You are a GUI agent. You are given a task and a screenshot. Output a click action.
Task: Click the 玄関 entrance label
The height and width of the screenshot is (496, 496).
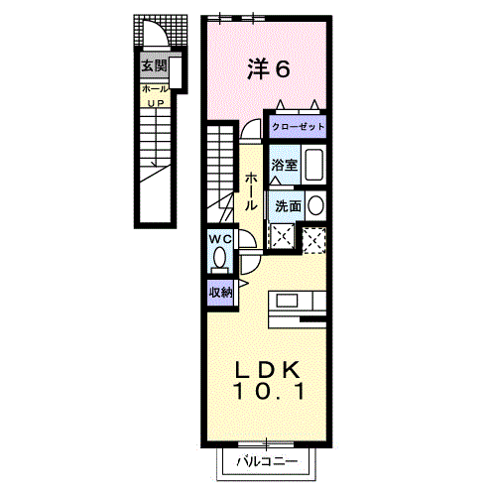click(154, 66)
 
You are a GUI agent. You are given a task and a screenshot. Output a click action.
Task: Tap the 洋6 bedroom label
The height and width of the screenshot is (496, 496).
click(269, 68)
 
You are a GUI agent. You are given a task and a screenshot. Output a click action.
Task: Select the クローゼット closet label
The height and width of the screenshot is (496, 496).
click(298, 126)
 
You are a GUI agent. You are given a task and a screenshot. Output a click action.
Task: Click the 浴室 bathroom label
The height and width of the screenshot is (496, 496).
click(285, 165)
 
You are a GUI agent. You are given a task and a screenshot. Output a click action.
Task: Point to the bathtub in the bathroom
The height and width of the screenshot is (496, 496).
click(313, 165)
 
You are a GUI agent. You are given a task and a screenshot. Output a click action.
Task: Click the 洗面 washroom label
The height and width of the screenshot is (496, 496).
click(288, 206)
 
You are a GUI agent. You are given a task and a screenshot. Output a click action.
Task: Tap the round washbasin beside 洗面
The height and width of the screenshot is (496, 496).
click(315, 205)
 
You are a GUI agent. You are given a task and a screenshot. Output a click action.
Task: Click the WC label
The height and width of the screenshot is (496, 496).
click(220, 239)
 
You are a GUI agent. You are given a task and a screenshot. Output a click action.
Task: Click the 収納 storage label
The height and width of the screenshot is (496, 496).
click(220, 293)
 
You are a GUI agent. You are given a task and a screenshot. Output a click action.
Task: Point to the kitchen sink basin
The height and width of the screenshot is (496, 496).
click(287, 301)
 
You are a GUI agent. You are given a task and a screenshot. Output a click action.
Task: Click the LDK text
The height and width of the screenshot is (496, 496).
click(267, 369)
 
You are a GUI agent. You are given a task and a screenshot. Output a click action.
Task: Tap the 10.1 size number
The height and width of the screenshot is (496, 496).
click(269, 391)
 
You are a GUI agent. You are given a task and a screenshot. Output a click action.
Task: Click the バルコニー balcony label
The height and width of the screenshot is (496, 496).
click(267, 461)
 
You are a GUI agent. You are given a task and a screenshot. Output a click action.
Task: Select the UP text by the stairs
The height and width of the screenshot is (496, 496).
click(156, 103)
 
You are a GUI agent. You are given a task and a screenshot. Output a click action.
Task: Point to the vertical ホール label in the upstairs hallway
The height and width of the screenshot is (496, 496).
click(251, 191)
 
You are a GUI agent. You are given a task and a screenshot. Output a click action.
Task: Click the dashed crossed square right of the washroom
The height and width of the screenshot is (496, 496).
click(314, 240)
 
